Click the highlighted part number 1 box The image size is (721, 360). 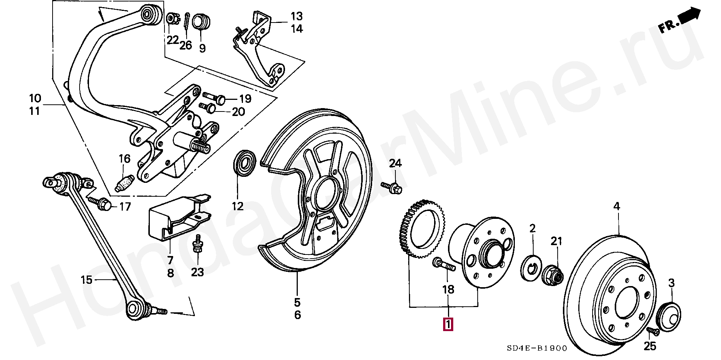pos(448,324)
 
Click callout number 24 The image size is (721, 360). pos(395,163)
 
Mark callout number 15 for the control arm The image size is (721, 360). pos(87,280)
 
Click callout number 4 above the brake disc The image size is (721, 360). pos(617,206)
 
